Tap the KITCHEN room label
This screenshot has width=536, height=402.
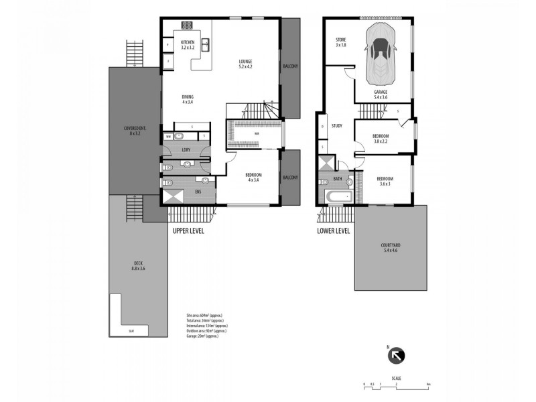(x=187, y=46)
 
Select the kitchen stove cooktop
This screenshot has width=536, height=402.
(x=187, y=27)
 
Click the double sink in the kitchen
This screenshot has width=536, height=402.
(x=206, y=46)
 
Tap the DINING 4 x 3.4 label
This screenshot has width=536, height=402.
(x=188, y=99)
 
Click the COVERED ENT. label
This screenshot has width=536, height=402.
(x=131, y=131)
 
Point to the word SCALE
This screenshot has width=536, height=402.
(x=397, y=378)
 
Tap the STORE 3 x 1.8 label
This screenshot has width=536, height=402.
(x=340, y=42)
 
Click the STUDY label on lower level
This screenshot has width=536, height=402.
(x=337, y=125)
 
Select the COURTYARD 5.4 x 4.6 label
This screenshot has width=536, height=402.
(x=391, y=247)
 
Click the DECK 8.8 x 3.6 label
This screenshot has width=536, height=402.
(x=138, y=266)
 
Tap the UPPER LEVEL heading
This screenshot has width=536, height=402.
(x=188, y=231)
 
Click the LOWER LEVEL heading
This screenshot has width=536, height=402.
(x=334, y=231)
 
